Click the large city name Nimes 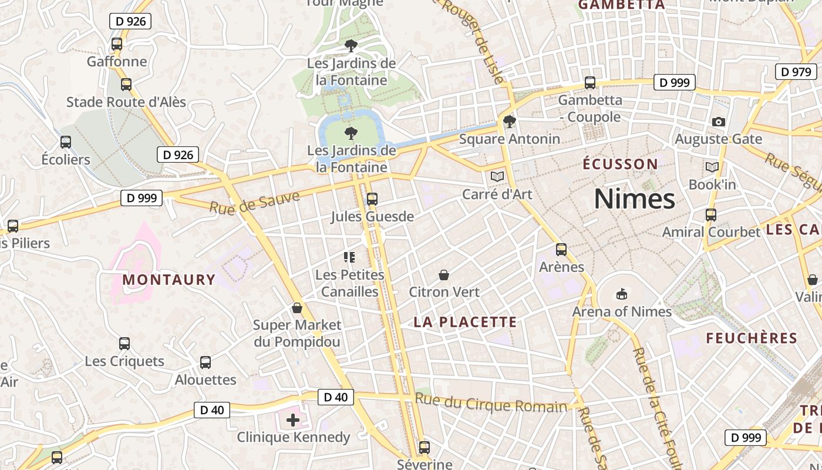click(635, 199)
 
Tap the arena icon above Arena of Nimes click(622, 294)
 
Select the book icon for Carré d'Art click(497, 176)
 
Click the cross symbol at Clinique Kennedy click(293, 420)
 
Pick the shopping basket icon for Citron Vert click(444, 275)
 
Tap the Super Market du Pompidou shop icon click(297, 308)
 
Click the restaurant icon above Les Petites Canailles click(350, 257)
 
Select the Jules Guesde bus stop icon click(372, 199)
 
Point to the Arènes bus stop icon click(561, 250)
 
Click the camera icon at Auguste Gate click(718, 122)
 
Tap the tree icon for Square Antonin click(510, 122)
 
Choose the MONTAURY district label click(169, 280)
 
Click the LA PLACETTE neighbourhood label click(465, 322)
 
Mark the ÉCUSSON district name click(620, 164)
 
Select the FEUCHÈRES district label click(752, 338)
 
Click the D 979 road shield click(796, 72)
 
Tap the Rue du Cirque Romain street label click(491, 403)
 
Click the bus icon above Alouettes click(206, 362)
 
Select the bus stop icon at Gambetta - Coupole click(590, 83)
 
